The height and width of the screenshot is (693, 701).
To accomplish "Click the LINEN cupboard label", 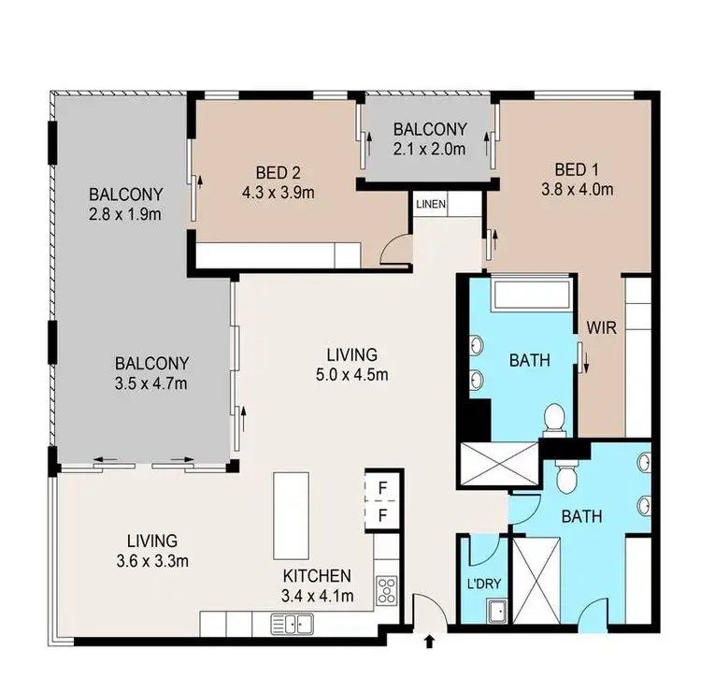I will [x=431, y=204].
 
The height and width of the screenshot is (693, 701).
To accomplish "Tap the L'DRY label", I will [x=484, y=585].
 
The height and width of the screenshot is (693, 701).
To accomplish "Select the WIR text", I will [x=599, y=327].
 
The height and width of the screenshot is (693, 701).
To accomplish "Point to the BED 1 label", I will [x=577, y=169].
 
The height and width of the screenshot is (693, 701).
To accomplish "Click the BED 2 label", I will [x=278, y=173].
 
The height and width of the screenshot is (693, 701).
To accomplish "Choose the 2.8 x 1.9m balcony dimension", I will [x=126, y=217].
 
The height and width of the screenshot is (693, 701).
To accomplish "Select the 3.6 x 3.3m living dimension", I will [x=151, y=561].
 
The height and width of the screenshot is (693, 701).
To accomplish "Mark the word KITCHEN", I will [x=318, y=576].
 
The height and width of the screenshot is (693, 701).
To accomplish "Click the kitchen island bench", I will [x=287, y=514].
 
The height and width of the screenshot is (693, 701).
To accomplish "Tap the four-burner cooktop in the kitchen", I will [x=387, y=591].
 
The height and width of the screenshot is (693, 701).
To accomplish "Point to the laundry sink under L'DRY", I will [x=495, y=613].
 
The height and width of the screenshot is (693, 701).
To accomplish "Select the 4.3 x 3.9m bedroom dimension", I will [x=278, y=195].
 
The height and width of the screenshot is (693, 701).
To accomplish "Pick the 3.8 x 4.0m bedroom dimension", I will [x=577, y=191].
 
